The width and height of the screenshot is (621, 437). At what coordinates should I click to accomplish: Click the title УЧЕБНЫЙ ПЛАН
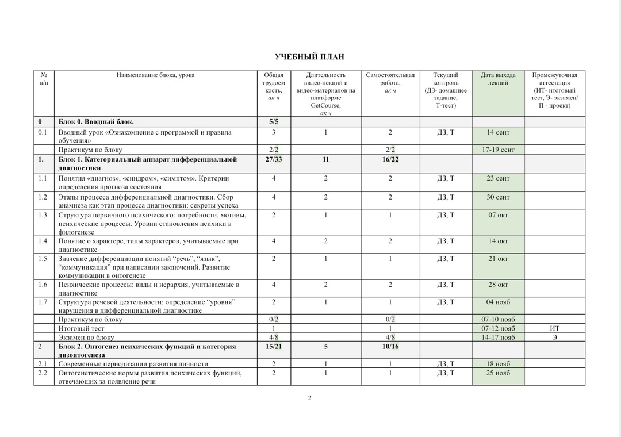click(309, 57)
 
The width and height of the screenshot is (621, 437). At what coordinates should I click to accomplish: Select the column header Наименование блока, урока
click(155, 75)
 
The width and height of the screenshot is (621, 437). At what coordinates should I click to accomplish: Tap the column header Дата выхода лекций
click(498, 79)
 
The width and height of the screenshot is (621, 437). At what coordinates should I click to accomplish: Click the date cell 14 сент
click(498, 132)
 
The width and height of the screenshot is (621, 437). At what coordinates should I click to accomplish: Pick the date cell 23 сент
click(498, 178)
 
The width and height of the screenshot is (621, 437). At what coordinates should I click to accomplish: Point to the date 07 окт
click(498, 215)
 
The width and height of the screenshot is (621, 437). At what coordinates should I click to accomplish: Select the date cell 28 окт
click(498, 285)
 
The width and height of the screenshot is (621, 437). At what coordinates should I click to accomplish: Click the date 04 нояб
click(498, 302)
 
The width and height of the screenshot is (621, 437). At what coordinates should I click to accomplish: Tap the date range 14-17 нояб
click(498, 338)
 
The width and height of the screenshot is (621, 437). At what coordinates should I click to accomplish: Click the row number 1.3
click(43, 215)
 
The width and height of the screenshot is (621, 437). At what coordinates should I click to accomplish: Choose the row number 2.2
click(43, 373)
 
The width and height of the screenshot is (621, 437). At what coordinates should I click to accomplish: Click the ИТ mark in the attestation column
click(554, 328)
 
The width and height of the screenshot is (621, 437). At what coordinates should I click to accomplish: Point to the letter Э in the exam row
click(554, 338)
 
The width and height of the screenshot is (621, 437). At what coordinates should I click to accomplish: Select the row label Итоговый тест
click(82, 328)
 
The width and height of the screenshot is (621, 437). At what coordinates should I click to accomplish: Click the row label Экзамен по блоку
click(86, 338)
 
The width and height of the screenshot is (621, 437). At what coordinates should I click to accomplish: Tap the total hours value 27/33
click(274, 159)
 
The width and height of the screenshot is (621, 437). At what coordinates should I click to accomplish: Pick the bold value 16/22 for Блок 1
click(390, 159)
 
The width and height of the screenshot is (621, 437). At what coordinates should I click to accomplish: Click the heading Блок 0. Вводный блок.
click(96, 122)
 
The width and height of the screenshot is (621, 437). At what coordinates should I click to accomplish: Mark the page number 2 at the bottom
click(309, 398)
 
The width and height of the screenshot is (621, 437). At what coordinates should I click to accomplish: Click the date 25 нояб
click(498, 373)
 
